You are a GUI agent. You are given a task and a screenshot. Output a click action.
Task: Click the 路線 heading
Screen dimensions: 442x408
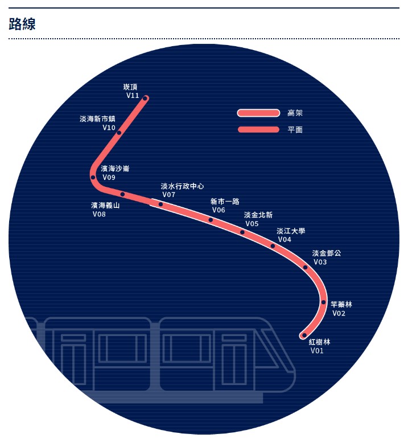pyautogui.click(x=22, y=24)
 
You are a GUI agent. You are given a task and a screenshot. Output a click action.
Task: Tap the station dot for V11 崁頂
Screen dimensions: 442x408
pyautogui.click(x=145, y=99)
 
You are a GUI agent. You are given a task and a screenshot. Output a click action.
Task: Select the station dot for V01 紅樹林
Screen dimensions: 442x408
pyautogui.click(x=304, y=335)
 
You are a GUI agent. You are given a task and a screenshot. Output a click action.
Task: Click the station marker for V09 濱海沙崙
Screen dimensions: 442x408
pyautogui.click(x=93, y=177)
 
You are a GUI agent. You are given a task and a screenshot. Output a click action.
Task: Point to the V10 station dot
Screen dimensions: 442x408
pyautogui.click(x=119, y=133)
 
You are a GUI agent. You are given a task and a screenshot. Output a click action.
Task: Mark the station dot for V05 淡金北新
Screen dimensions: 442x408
pyautogui.click(x=242, y=232)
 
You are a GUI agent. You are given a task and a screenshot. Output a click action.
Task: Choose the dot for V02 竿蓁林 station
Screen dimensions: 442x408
pyautogui.click(x=323, y=302)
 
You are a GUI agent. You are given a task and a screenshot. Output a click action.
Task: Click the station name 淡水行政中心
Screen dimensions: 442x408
pyautogui.click(x=182, y=186)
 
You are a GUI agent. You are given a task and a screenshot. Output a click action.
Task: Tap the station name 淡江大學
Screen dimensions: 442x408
pyautogui.click(x=291, y=231)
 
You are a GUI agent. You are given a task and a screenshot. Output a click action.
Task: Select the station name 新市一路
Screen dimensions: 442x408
pyautogui.click(x=225, y=201)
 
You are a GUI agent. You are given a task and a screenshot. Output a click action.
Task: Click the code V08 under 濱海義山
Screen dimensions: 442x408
pyautogui.click(x=99, y=214)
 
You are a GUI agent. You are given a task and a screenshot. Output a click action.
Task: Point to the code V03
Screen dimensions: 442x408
pyautogui.click(x=320, y=262)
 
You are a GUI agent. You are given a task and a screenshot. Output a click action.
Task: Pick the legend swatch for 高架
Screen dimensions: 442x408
pyautogui.click(x=258, y=113)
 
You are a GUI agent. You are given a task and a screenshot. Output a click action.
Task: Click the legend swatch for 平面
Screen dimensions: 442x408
pyautogui.click(x=258, y=129)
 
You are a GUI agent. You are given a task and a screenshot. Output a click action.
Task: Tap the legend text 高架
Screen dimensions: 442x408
pyautogui.click(x=295, y=113)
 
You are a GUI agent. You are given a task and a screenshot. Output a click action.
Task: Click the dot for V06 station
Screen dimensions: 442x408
pyautogui.click(x=211, y=220)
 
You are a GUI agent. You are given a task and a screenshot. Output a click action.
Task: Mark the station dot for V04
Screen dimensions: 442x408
pyautogui.click(x=273, y=246)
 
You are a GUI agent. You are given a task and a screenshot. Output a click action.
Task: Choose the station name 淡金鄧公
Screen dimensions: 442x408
pyautogui.click(x=327, y=253)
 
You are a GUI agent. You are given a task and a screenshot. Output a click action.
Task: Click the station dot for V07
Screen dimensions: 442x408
pyautogui.click(x=160, y=204)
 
